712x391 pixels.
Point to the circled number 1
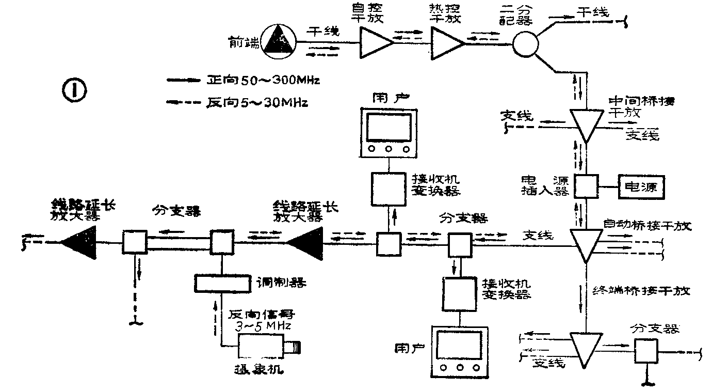click(74, 91)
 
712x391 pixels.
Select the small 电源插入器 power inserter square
click(586, 185)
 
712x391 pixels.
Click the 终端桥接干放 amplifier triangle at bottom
click(587, 348)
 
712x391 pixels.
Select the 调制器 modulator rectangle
click(222, 282)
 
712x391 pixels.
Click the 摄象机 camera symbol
click(266, 346)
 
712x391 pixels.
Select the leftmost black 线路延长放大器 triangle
click(79, 242)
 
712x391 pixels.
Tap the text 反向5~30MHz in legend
click(257, 103)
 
